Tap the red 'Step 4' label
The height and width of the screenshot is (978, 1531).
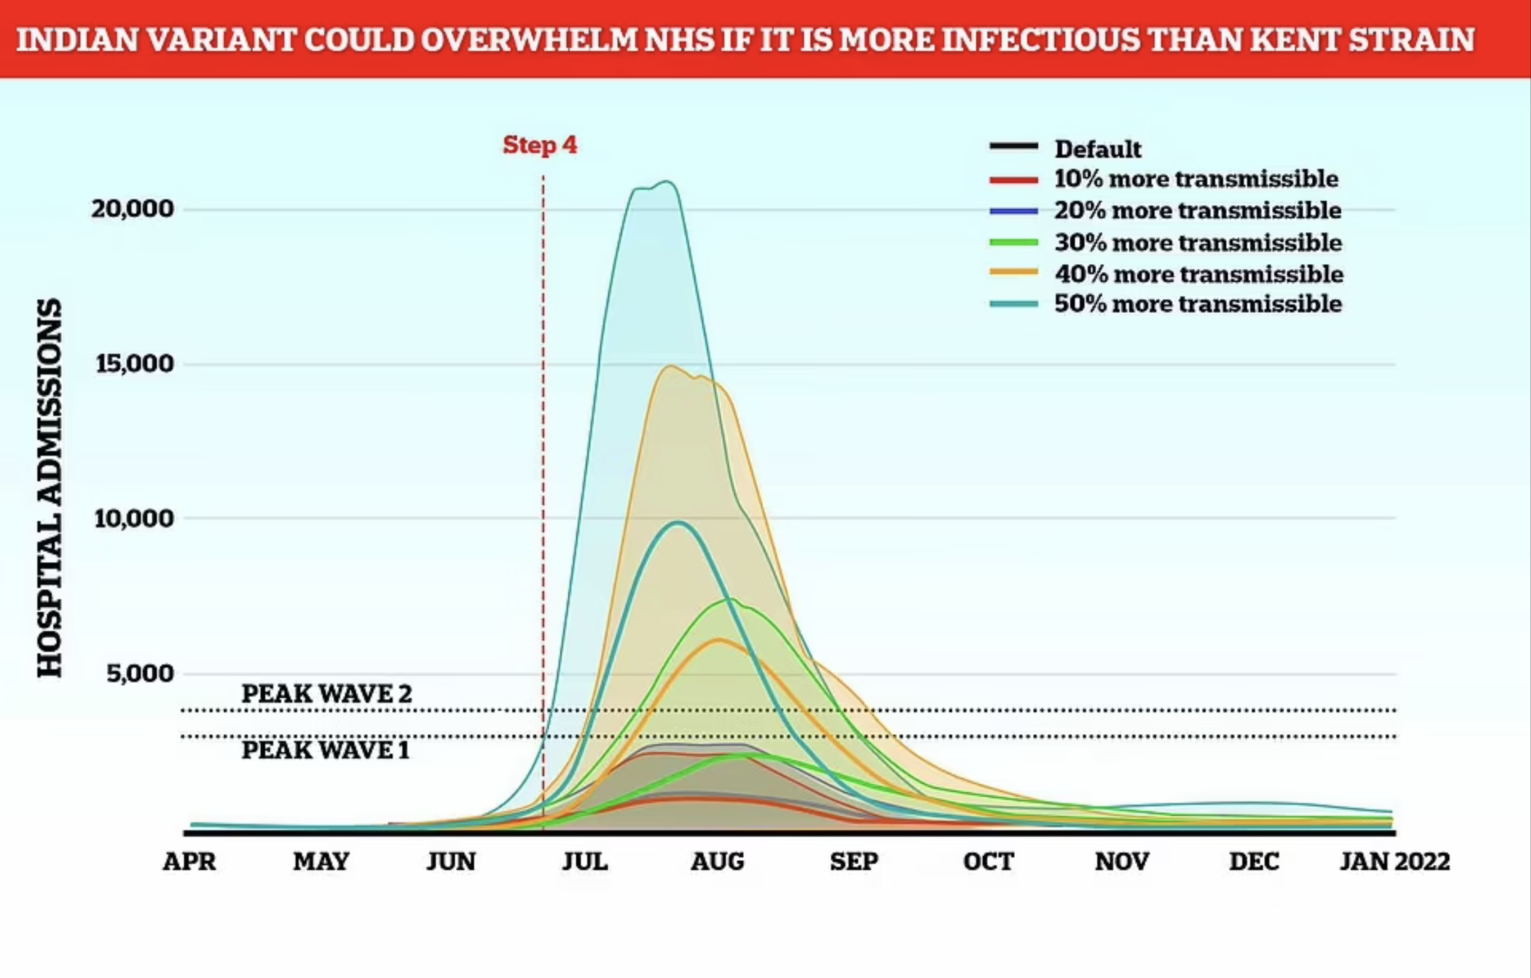(x=540, y=145)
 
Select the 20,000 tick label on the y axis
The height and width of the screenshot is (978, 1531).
(x=133, y=209)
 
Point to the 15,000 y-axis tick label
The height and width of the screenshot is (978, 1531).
(x=135, y=364)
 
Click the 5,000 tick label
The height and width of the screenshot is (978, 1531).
(x=140, y=673)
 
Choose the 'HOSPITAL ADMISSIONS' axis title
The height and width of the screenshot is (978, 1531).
(x=49, y=488)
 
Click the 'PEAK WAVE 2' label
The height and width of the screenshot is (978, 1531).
(x=327, y=694)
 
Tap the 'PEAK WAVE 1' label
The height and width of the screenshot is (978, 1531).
(x=326, y=750)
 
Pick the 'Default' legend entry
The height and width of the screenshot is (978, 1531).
(x=1097, y=149)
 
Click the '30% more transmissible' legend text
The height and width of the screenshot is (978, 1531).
(x=1198, y=242)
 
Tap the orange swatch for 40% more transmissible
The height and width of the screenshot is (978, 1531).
(x=1013, y=272)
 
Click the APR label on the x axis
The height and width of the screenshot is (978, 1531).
(x=190, y=862)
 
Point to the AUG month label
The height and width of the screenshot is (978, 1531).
(x=717, y=862)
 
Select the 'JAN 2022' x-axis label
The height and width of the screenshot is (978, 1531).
(x=1395, y=862)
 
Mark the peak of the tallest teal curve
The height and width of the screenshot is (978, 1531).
(x=667, y=182)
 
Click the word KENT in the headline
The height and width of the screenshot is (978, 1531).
(x=1291, y=39)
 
